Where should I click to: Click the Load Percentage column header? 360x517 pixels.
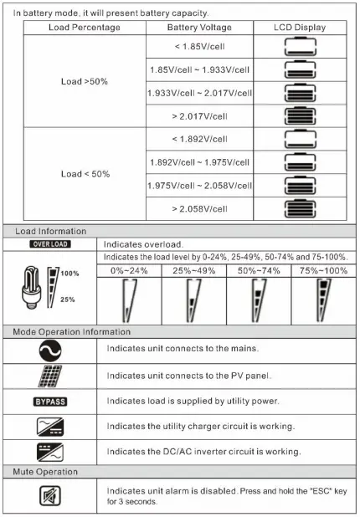tap(84, 28)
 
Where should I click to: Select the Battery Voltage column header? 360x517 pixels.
tap(199, 28)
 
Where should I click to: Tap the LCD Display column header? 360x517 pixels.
tap(300, 28)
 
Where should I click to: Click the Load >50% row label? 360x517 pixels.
tap(84, 81)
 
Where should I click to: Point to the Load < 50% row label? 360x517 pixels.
tap(84, 174)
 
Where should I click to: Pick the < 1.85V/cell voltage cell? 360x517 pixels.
tap(199, 45)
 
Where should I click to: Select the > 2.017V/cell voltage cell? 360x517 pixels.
tap(199, 115)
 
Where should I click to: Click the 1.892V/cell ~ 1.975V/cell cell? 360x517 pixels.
tap(199, 162)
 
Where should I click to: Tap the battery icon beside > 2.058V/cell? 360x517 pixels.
tap(300, 209)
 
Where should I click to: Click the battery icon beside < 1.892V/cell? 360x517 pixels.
tap(300, 139)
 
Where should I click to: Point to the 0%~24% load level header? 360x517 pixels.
tap(129, 270)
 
